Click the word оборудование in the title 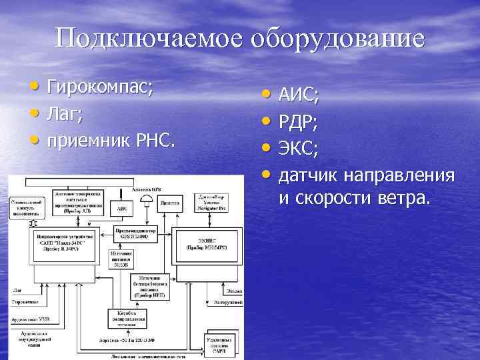coord(337,39)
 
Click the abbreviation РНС coord(156,141)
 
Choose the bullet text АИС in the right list coord(298,101)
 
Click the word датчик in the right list coord(309,176)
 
